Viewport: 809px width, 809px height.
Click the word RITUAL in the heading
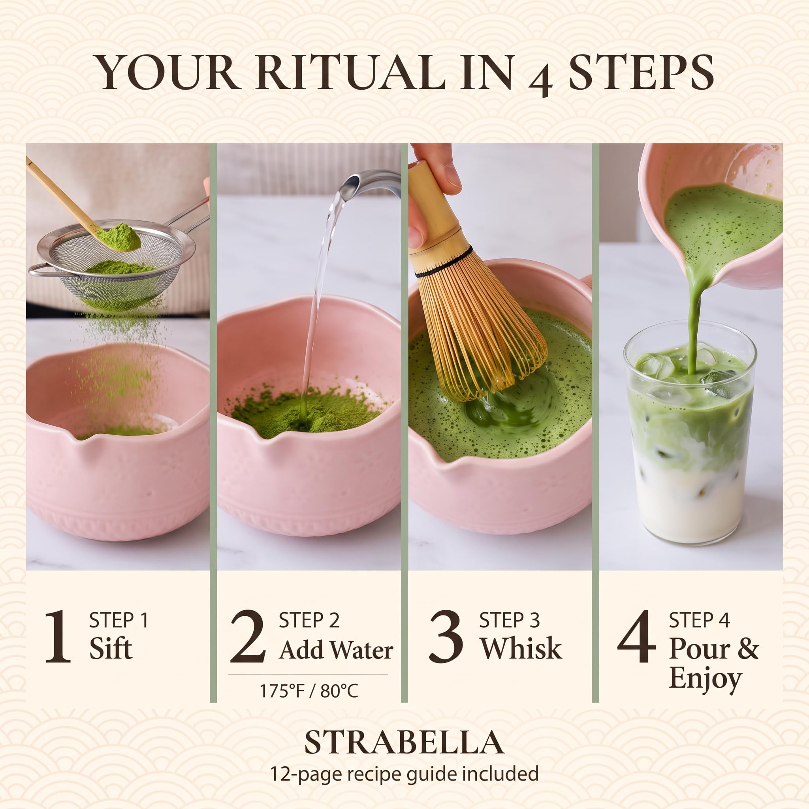351,72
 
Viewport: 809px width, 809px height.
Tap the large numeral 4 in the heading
540,78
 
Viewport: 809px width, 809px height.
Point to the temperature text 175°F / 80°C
309,691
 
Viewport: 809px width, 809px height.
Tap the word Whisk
521,648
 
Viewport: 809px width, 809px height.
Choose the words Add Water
336,650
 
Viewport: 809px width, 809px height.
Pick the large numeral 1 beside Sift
58,636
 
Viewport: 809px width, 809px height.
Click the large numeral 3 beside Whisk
446,636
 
